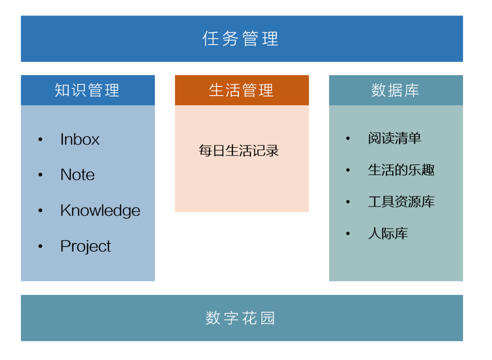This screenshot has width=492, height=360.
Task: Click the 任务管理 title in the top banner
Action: click(241, 39)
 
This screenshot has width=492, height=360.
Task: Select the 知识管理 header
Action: click(87, 90)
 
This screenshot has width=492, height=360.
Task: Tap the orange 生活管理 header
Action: click(241, 90)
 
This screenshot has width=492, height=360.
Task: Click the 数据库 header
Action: click(395, 90)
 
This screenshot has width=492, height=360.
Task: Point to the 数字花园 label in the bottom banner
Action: click(241, 318)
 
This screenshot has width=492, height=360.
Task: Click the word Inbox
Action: click(80, 139)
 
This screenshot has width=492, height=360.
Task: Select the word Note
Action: click(77, 175)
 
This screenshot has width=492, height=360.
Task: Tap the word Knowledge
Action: click(100, 210)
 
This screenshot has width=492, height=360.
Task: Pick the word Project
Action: click(86, 246)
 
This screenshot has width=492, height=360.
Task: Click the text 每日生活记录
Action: click(239, 151)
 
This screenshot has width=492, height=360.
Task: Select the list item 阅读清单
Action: click(395, 138)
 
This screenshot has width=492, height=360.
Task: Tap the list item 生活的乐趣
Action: click(401, 170)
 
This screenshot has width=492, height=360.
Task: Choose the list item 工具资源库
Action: click(401, 202)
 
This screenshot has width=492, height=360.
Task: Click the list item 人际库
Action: click(388, 234)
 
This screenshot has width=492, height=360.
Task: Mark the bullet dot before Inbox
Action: click(41, 139)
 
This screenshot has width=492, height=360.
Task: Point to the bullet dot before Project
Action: click(41, 246)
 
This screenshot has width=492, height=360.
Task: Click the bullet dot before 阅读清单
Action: click(348, 138)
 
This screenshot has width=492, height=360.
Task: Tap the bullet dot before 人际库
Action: click(348, 234)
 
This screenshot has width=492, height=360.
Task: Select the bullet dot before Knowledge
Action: click(41, 211)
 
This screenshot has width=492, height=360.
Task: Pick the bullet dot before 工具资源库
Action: click(348, 202)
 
